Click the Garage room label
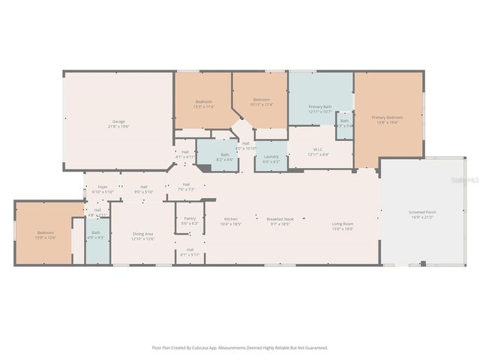point(118,121)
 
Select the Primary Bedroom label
point(388,118)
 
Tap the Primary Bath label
point(321,106)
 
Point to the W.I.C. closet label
point(318,149)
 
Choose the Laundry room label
point(271,157)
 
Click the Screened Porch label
point(422,212)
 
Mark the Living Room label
point(343,223)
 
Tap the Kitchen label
point(231,218)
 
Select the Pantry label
point(190,218)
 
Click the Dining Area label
point(142,234)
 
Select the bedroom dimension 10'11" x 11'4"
point(261,105)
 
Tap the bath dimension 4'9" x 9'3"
point(96,238)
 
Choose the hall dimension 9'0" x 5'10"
point(143,192)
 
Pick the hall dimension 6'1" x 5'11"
point(190,254)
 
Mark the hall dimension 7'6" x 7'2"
point(186,189)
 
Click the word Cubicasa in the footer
point(213,348)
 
